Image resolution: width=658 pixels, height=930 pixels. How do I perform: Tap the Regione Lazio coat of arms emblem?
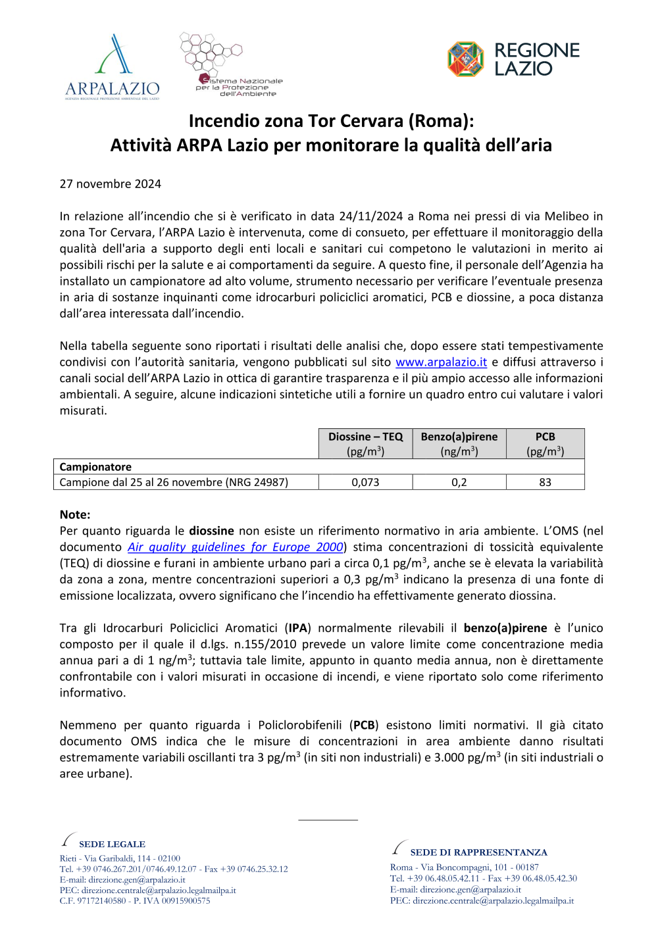pos(466,59)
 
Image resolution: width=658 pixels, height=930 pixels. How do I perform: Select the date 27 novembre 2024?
pos(111,184)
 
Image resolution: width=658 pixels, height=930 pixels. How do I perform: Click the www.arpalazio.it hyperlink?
pos(441,362)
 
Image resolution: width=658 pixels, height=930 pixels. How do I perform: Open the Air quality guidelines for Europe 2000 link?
pos(236,547)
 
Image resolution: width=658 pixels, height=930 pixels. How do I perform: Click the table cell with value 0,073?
pos(365,482)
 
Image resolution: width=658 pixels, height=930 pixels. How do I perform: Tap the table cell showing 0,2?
pos(459,482)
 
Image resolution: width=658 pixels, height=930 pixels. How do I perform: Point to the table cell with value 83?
pos(545,482)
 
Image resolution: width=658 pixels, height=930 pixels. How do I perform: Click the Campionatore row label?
pos(95,467)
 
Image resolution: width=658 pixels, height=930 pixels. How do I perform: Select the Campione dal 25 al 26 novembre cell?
pos(174,482)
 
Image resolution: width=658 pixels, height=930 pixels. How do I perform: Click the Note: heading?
pos(75,515)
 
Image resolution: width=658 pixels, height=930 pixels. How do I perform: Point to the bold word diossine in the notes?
pos(211,531)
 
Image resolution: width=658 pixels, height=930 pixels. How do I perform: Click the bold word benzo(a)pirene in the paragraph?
pos(505,628)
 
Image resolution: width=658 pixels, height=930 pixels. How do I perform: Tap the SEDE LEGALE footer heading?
pos(112,844)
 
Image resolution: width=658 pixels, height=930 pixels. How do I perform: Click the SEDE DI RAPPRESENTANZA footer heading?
pos(478,852)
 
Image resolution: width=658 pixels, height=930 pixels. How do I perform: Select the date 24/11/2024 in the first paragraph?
pos(370,216)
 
